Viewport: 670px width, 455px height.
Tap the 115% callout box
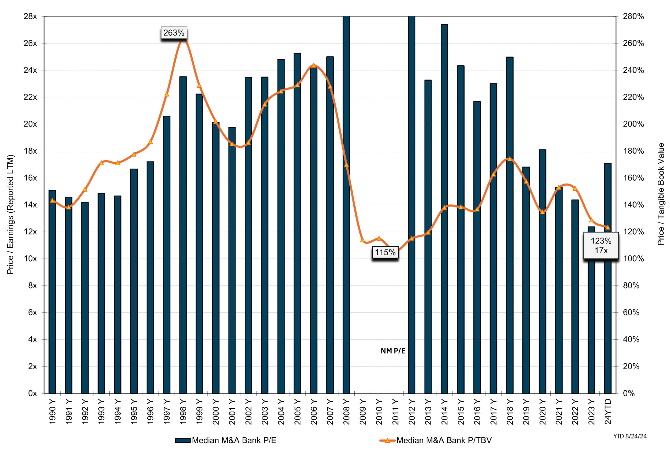385,253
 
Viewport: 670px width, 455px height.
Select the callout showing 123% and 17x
601,246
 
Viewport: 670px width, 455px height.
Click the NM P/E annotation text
393,351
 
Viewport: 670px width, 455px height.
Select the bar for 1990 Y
52,291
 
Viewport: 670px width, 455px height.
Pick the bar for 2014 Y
444,208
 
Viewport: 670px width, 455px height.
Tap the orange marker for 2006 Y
314,65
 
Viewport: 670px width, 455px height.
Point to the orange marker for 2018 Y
510,159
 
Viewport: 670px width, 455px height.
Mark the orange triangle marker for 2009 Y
363,240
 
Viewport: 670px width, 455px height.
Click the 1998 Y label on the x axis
183,412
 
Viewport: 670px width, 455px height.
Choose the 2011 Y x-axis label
395,412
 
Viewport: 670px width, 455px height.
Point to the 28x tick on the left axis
30,16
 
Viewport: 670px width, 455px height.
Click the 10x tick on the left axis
30,259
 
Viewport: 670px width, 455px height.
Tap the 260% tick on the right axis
633,43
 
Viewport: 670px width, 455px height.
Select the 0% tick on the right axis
628,393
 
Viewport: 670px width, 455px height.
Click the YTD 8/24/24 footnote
630,436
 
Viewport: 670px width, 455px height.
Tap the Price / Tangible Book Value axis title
661,194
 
